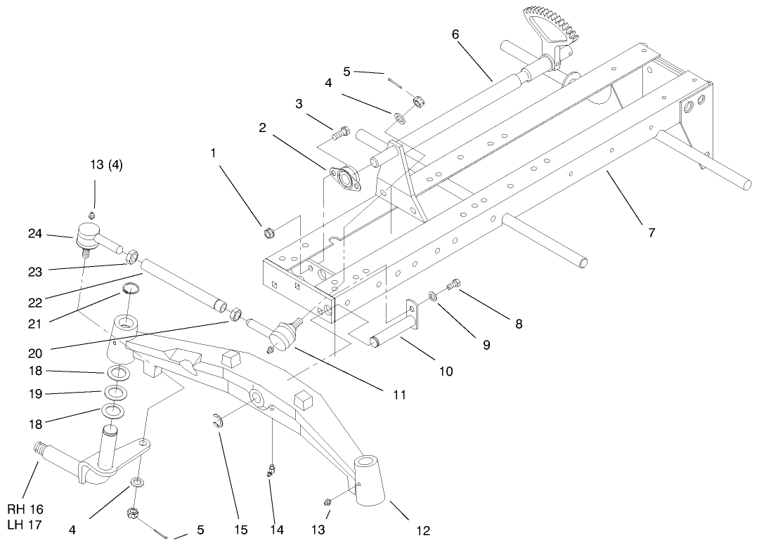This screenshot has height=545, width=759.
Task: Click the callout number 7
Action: (x=651, y=232)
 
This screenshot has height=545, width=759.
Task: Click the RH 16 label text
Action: (x=26, y=509)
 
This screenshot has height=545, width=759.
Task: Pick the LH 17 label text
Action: (x=26, y=524)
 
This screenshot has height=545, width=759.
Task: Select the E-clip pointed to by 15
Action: (x=219, y=421)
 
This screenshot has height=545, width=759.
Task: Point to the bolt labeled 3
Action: (x=341, y=131)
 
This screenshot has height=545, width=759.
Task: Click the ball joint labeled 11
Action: (x=288, y=333)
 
